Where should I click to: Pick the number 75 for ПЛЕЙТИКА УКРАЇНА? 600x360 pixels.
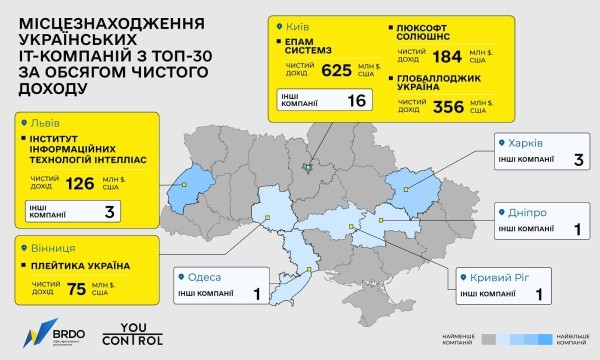pyautogui.click(x=76, y=291)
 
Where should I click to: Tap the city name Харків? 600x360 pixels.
pyautogui.click(x=529, y=142)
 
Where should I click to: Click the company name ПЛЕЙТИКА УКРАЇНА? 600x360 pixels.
pyautogui.click(x=83, y=266)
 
